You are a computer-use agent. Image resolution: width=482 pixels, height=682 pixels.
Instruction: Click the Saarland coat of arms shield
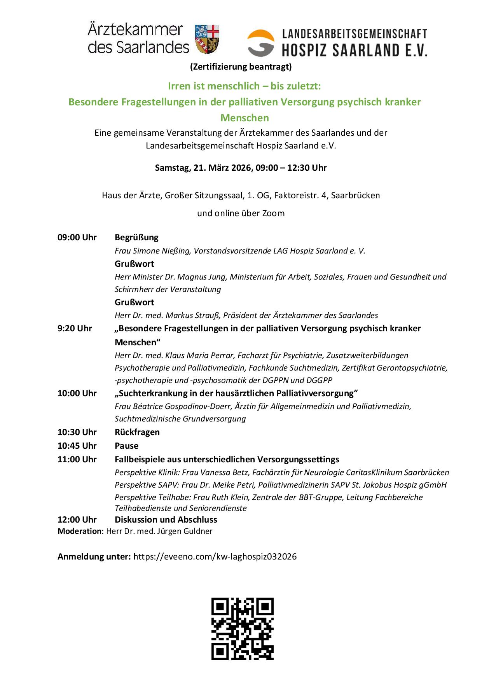[x=207, y=39]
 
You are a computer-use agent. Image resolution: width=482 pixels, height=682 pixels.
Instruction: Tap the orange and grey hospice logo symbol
[x=261, y=43]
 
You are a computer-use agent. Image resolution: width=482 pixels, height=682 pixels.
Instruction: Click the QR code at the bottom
[x=242, y=629]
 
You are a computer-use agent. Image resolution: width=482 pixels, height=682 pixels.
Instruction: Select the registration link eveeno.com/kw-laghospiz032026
[x=215, y=556]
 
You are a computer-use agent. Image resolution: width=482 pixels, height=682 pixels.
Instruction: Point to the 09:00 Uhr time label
[x=77, y=237]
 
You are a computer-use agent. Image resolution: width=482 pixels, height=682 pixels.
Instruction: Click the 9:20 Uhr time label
[x=75, y=328]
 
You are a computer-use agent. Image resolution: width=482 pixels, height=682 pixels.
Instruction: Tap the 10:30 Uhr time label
[x=77, y=432]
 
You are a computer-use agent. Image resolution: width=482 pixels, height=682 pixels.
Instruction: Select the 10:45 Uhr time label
[x=77, y=446]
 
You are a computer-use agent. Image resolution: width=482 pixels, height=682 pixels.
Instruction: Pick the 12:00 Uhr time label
[x=77, y=519]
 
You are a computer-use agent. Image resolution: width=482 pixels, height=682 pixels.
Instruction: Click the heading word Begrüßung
[x=136, y=237]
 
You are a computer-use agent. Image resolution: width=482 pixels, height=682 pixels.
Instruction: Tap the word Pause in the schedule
[x=126, y=446]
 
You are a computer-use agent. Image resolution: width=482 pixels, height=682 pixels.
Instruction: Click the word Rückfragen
[x=137, y=432]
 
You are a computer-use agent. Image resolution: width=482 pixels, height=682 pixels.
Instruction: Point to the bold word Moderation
[x=79, y=531]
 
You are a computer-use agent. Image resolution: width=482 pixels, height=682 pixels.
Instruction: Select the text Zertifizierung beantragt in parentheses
[x=241, y=66]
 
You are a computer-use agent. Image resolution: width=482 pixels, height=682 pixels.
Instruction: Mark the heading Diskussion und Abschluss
[x=166, y=519]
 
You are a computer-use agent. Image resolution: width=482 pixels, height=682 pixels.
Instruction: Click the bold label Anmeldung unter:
[x=94, y=556]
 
